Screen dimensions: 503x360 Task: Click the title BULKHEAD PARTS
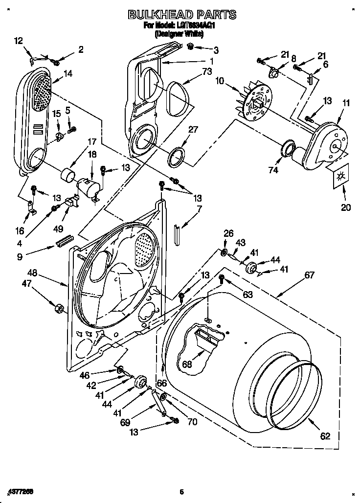tap(182, 15)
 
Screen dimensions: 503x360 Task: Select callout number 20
tap(346, 207)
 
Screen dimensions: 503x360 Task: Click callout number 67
tap(309, 275)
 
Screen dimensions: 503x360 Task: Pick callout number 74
tap(273, 170)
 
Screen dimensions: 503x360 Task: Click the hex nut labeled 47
tap(58, 309)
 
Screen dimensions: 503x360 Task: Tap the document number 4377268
tap(21, 490)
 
